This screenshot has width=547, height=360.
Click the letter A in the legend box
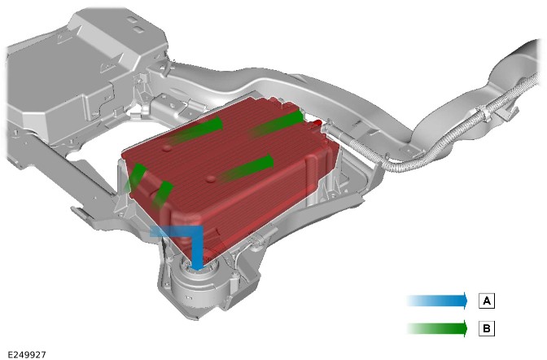(486, 301)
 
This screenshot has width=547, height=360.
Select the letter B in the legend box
(486, 328)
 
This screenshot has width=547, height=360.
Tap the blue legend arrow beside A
(437, 301)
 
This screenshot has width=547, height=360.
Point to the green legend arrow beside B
(437, 328)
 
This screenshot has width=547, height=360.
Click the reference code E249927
(27, 355)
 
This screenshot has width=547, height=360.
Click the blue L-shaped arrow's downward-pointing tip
(198, 270)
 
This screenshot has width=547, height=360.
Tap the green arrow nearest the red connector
(278, 123)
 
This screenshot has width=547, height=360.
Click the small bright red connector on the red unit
(317, 123)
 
